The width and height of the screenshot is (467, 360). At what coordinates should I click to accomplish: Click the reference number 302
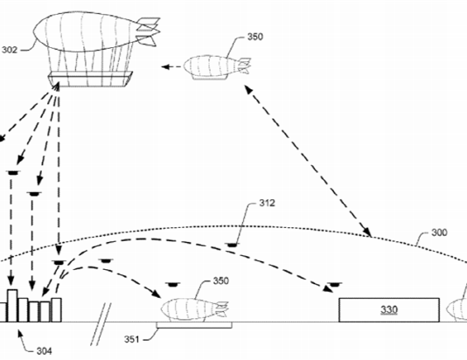pos(10,50)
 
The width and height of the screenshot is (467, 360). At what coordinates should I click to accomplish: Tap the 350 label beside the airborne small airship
pos(255,37)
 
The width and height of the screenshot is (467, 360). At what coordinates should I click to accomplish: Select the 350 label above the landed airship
pos(220,280)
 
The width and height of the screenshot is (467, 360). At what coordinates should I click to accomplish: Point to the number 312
pos(267,203)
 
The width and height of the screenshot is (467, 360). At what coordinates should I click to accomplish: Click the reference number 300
pos(439,232)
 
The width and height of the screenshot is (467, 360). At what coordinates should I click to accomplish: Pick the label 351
pos(132,339)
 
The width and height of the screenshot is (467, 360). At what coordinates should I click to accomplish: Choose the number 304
pos(44,351)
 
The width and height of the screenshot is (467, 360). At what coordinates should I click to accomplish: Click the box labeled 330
pos(389,309)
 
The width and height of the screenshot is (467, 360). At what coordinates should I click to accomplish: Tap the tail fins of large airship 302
pos(148,31)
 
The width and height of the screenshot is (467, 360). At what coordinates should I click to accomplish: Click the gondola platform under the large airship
pos(90,79)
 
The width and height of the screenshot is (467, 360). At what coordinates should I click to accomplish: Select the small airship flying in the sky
pos(217,67)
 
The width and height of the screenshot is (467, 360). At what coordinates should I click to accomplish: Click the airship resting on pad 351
pos(195,310)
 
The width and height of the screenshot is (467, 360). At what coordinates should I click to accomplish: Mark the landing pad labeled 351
pos(194,325)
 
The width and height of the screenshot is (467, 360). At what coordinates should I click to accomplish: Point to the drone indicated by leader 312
pos(233,245)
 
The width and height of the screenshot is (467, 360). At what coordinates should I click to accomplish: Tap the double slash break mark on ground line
pos(101,324)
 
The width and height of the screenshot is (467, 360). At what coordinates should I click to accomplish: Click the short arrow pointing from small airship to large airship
pos(171,67)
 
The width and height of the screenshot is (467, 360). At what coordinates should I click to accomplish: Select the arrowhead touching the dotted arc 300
pos(367,232)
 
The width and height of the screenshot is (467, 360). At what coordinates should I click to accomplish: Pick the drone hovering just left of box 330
pos(334,285)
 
